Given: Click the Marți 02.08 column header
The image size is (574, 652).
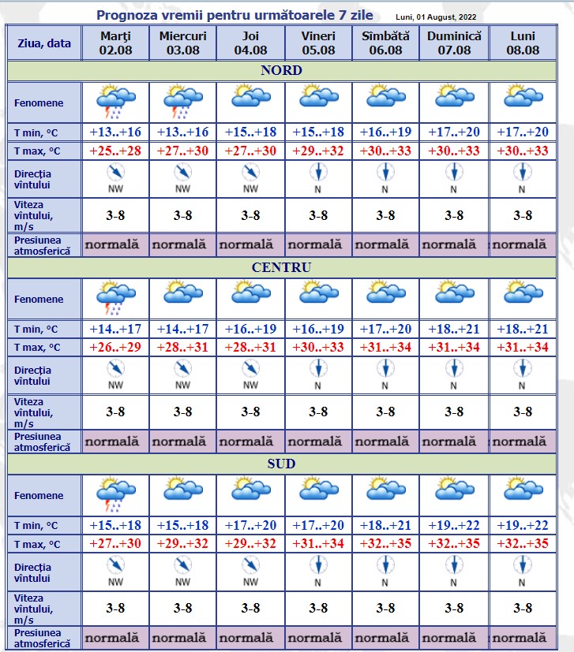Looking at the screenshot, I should [115, 43].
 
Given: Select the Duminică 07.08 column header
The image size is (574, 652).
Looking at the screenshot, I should [454, 43].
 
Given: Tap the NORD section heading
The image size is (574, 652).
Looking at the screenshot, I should [281, 71].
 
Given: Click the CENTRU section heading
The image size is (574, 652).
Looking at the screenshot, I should [281, 267].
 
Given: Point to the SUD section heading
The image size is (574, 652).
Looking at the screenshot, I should [281, 464].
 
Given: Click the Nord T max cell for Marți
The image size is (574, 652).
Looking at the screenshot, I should [115, 151].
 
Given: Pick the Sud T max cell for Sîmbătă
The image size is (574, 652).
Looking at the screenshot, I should [385, 543].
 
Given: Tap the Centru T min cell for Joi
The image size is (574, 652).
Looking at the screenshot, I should [250, 329].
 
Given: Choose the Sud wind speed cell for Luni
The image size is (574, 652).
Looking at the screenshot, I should [523, 608].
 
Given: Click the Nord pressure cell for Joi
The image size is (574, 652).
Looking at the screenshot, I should [250, 244].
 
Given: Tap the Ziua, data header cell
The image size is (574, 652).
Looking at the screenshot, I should [44, 43].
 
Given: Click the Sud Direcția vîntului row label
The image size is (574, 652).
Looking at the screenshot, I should [33, 572].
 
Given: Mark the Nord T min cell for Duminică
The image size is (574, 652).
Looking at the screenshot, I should [454, 132].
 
